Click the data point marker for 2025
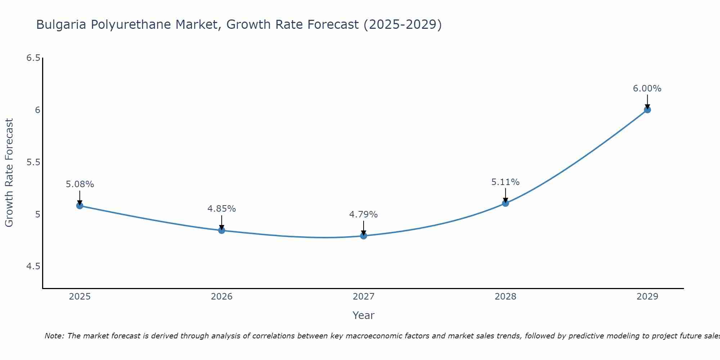click(80, 206)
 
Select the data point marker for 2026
click(221, 230)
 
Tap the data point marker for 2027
click(363, 236)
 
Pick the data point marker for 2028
click(505, 203)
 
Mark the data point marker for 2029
click(647, 110)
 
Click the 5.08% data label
click(80, 184)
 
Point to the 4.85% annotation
click(221, 209)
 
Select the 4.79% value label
click(363, 215)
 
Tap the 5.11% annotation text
click(505, 182)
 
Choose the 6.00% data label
click(647, 89)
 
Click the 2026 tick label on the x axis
click(221, 297)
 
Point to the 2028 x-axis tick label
click(505, 297)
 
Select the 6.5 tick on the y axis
click(33, 58)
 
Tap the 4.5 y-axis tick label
click(33, 266)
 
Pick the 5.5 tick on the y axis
click(33, 162)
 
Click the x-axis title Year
click(363, 315)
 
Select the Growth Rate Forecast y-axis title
click(9, 173)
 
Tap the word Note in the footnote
click(54, 336)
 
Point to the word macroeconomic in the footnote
click(372, 336)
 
